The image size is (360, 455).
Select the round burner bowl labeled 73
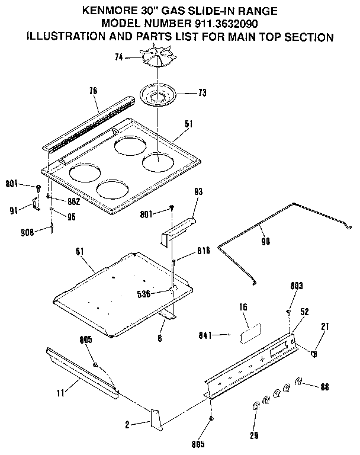click(x=159, y=94)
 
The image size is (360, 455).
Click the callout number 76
click(x=94, y=91)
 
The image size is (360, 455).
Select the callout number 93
click(x=198, y=191)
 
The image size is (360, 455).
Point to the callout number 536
click(x=160, y=293)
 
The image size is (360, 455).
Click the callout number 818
click(x=188, y=251)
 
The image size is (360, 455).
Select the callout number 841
click(x=217, y=335)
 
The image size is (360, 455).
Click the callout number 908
click(x=30, y=233)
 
